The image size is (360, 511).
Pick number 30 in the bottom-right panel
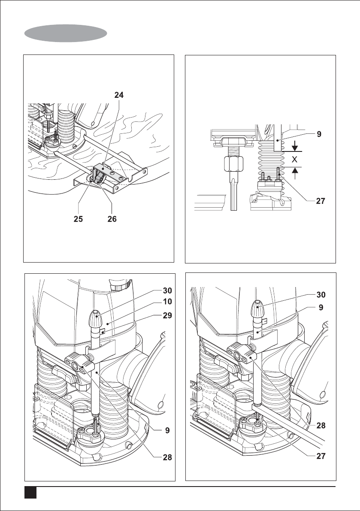318,295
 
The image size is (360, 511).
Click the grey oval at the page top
66,33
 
